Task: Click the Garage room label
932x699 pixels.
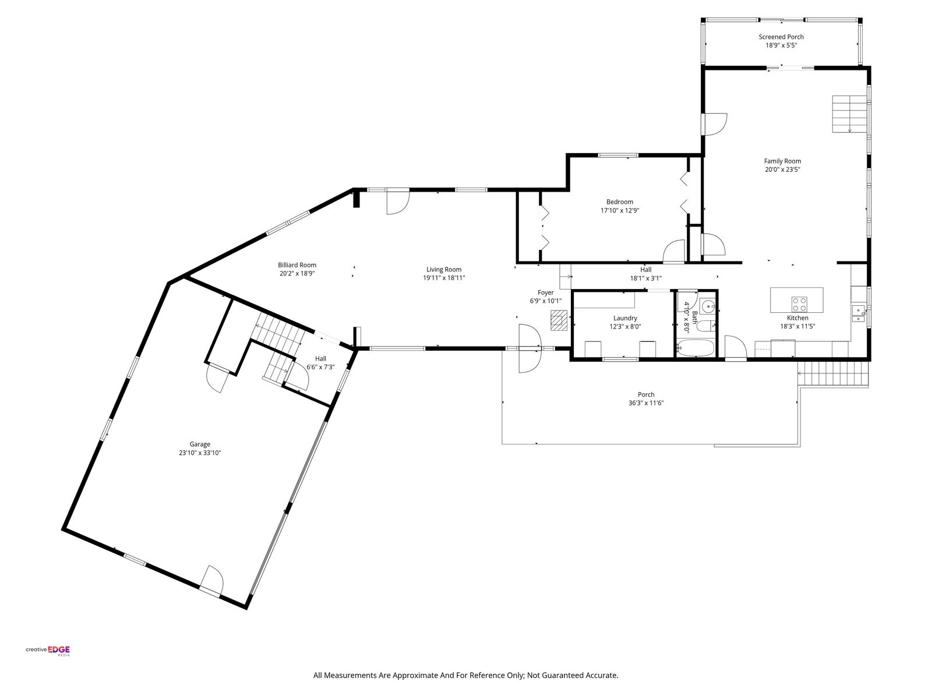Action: point(200,444)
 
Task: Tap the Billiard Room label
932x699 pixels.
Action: point(297,265)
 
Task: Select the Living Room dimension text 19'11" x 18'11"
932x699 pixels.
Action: point(444,278)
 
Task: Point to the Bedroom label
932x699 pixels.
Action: point(620,202)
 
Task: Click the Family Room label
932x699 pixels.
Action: point(782,161)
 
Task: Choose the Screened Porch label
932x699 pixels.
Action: point(781,37)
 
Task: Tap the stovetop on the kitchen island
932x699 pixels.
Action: point(799,304)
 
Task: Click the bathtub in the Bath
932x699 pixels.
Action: point(695,348)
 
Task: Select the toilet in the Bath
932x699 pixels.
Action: point(707,326)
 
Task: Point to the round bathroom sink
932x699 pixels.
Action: point(708,306)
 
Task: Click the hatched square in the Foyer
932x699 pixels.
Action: point(559,320)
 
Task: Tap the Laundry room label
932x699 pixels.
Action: point(625,318)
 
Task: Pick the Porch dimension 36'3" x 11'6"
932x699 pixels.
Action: point(646,403)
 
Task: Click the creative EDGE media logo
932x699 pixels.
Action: point(48,651)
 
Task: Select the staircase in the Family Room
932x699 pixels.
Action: point(849,114)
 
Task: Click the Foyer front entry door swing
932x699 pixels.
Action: point(530,348)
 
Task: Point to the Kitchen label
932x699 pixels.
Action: point(797,318)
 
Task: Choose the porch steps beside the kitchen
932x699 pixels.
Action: point(833,374)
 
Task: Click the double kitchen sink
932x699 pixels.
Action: point(858,313)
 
